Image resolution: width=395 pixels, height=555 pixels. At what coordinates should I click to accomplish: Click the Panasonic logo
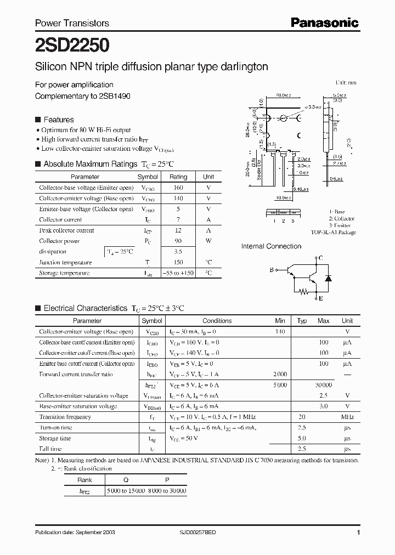point(324,22)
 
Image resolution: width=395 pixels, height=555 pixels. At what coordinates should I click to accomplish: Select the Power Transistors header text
point(72,23)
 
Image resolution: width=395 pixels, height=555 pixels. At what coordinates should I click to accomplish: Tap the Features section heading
point(58,120)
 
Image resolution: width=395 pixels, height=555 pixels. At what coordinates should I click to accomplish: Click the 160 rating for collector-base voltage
point(178,188)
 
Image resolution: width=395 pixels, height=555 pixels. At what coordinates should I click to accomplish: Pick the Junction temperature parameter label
point(65,262)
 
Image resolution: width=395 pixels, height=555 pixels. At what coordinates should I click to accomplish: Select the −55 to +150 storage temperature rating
point(178,273)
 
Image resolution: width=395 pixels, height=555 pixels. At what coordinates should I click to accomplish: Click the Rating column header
point(178,177)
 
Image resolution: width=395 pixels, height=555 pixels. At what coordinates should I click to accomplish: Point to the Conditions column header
point(217,321)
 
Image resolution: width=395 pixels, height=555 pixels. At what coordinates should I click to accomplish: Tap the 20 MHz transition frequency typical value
point(302,417)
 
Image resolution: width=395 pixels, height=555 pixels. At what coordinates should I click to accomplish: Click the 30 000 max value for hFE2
point(324,385)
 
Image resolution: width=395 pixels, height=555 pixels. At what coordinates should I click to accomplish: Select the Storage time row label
point(55,438)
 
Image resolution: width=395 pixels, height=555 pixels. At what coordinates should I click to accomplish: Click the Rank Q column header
point(126,479)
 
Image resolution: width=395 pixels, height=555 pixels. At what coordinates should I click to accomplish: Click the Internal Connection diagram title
point(271,247)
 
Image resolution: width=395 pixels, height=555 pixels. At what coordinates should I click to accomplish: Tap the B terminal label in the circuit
point(271,270)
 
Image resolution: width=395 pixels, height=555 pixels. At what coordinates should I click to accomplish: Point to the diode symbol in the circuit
point(328,278)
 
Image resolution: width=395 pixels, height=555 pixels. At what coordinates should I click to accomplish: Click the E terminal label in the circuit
point(320,298)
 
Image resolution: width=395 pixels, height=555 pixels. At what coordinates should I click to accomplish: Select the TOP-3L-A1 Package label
point(333,233)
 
